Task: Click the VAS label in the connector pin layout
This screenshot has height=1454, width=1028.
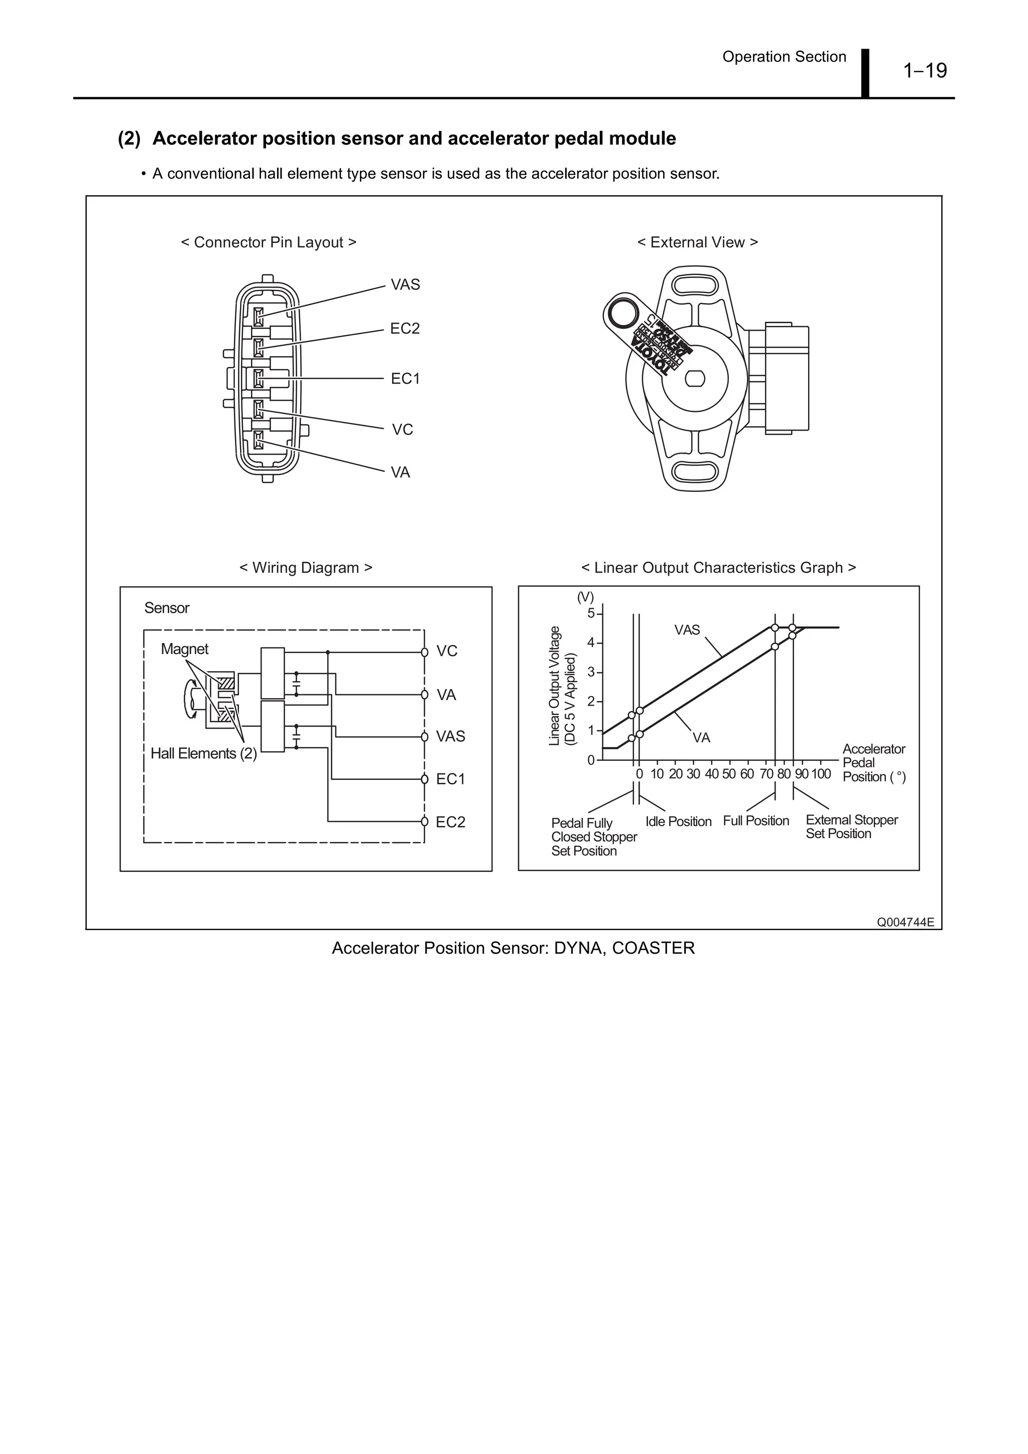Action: click(x=405, y=285)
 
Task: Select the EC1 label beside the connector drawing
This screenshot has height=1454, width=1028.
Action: click(x=405, y=379)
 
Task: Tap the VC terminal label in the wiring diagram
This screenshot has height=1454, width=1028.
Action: click(x=447, y=651)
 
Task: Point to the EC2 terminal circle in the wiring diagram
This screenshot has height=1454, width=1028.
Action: click(x=424, y=822)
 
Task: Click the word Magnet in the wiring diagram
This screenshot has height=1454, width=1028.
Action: click(x=184, y=648)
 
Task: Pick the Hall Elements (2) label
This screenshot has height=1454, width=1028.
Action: click(x=203, y=753)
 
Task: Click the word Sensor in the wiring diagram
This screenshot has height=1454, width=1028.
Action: click(x=167, y=608)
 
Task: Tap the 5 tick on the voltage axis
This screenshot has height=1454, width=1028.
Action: click(x=591, y=613)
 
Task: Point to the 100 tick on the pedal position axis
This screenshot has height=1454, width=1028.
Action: click(x=820, y=774)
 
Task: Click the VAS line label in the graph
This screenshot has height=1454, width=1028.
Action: click(x=687, y=629)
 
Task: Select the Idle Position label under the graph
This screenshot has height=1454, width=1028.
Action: click(x=678, y=822)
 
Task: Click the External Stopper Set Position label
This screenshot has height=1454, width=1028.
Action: click(x=851, y=827)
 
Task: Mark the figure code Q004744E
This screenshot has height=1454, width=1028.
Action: click(x=905, y=922)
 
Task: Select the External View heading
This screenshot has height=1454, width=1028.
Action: click(x=697, y=242)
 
